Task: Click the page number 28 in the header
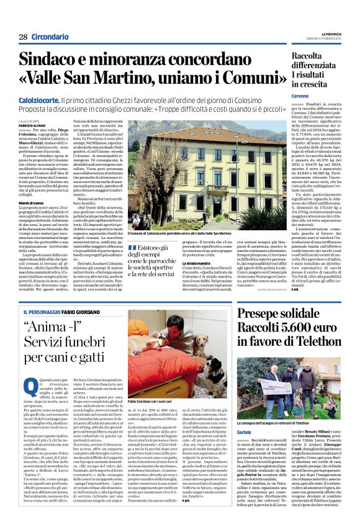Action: (22, 37)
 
